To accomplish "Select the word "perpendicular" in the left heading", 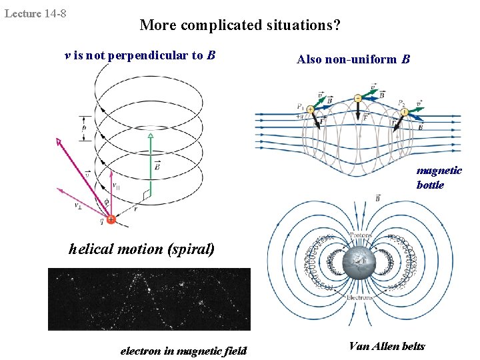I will coord(149,55).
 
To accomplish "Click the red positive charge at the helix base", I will coord(111,219).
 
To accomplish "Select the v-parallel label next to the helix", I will coord(117,185).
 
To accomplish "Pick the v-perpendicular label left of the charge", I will coord(79,205).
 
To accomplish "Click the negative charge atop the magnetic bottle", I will coord(358,98).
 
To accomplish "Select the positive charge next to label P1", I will coord(311,109).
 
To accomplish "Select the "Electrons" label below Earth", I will coord(360,298).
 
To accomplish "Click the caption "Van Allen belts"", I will coord(387,345).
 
